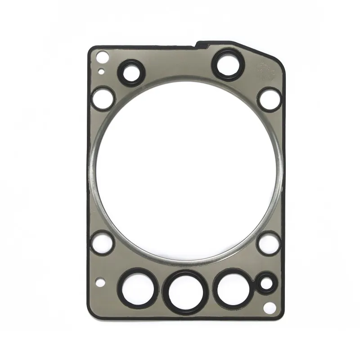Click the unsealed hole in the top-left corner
point(103,57)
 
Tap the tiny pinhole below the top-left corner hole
point(102,71)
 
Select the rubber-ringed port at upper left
point(131,71)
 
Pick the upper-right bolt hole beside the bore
point(269,98)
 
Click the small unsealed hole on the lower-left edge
point(101,283)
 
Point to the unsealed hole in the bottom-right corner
point(270,308)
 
